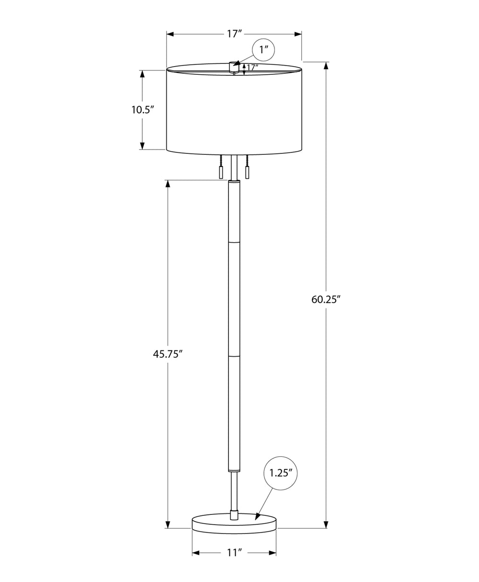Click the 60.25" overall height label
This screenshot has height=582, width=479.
coord(326,300)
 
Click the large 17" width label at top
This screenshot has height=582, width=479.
coord(234,34)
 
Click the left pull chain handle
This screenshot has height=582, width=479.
coord(221,173)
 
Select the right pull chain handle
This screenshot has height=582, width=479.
coord(248,173)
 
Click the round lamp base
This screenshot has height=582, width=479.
coord(234,523)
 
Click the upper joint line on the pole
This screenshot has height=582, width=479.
coord(234,242)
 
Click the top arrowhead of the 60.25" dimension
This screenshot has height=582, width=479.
coord(327,67)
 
